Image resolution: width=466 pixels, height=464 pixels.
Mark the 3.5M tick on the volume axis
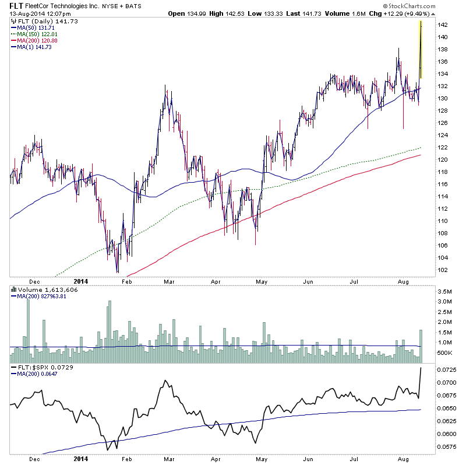[x=444, y=291]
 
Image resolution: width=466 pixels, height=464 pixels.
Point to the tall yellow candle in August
[x=421, y=50]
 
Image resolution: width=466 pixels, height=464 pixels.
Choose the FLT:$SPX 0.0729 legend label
[x=38, y=368]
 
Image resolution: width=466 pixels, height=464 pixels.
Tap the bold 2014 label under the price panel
[x=82, y=280]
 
